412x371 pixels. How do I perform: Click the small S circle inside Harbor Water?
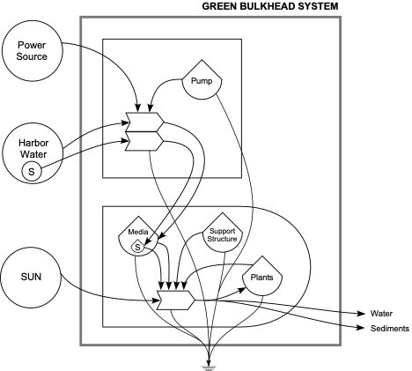pos(32,170)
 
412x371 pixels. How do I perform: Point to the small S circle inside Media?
pos(137,248)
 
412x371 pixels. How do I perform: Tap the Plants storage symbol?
pos(261,278)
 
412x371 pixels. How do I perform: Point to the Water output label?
pos(381,313)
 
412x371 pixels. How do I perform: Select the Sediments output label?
pos(388,328)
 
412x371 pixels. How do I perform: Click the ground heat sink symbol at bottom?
pos(210,360)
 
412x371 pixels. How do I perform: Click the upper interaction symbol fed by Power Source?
pos(143,121)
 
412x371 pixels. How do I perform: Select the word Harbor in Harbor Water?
pos(32,142)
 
